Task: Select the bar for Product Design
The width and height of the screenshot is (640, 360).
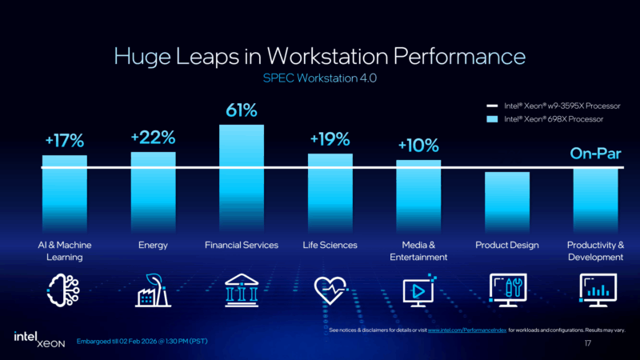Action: (x=507, y=200)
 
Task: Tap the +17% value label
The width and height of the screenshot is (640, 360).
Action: (x=64, y=142)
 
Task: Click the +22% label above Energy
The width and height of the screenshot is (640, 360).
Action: (x=153, y=138)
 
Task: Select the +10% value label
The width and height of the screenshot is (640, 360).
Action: (x=418, y=146)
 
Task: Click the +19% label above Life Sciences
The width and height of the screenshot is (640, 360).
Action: (x=330, y=139)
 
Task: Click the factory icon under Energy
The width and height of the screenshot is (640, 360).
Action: (x=153, y=290)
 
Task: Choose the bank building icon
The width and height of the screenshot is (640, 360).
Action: (x=242, y=290)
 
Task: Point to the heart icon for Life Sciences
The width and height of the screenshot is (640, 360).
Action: (x=330, y=290)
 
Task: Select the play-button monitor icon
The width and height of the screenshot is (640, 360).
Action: (x=418, y=290)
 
